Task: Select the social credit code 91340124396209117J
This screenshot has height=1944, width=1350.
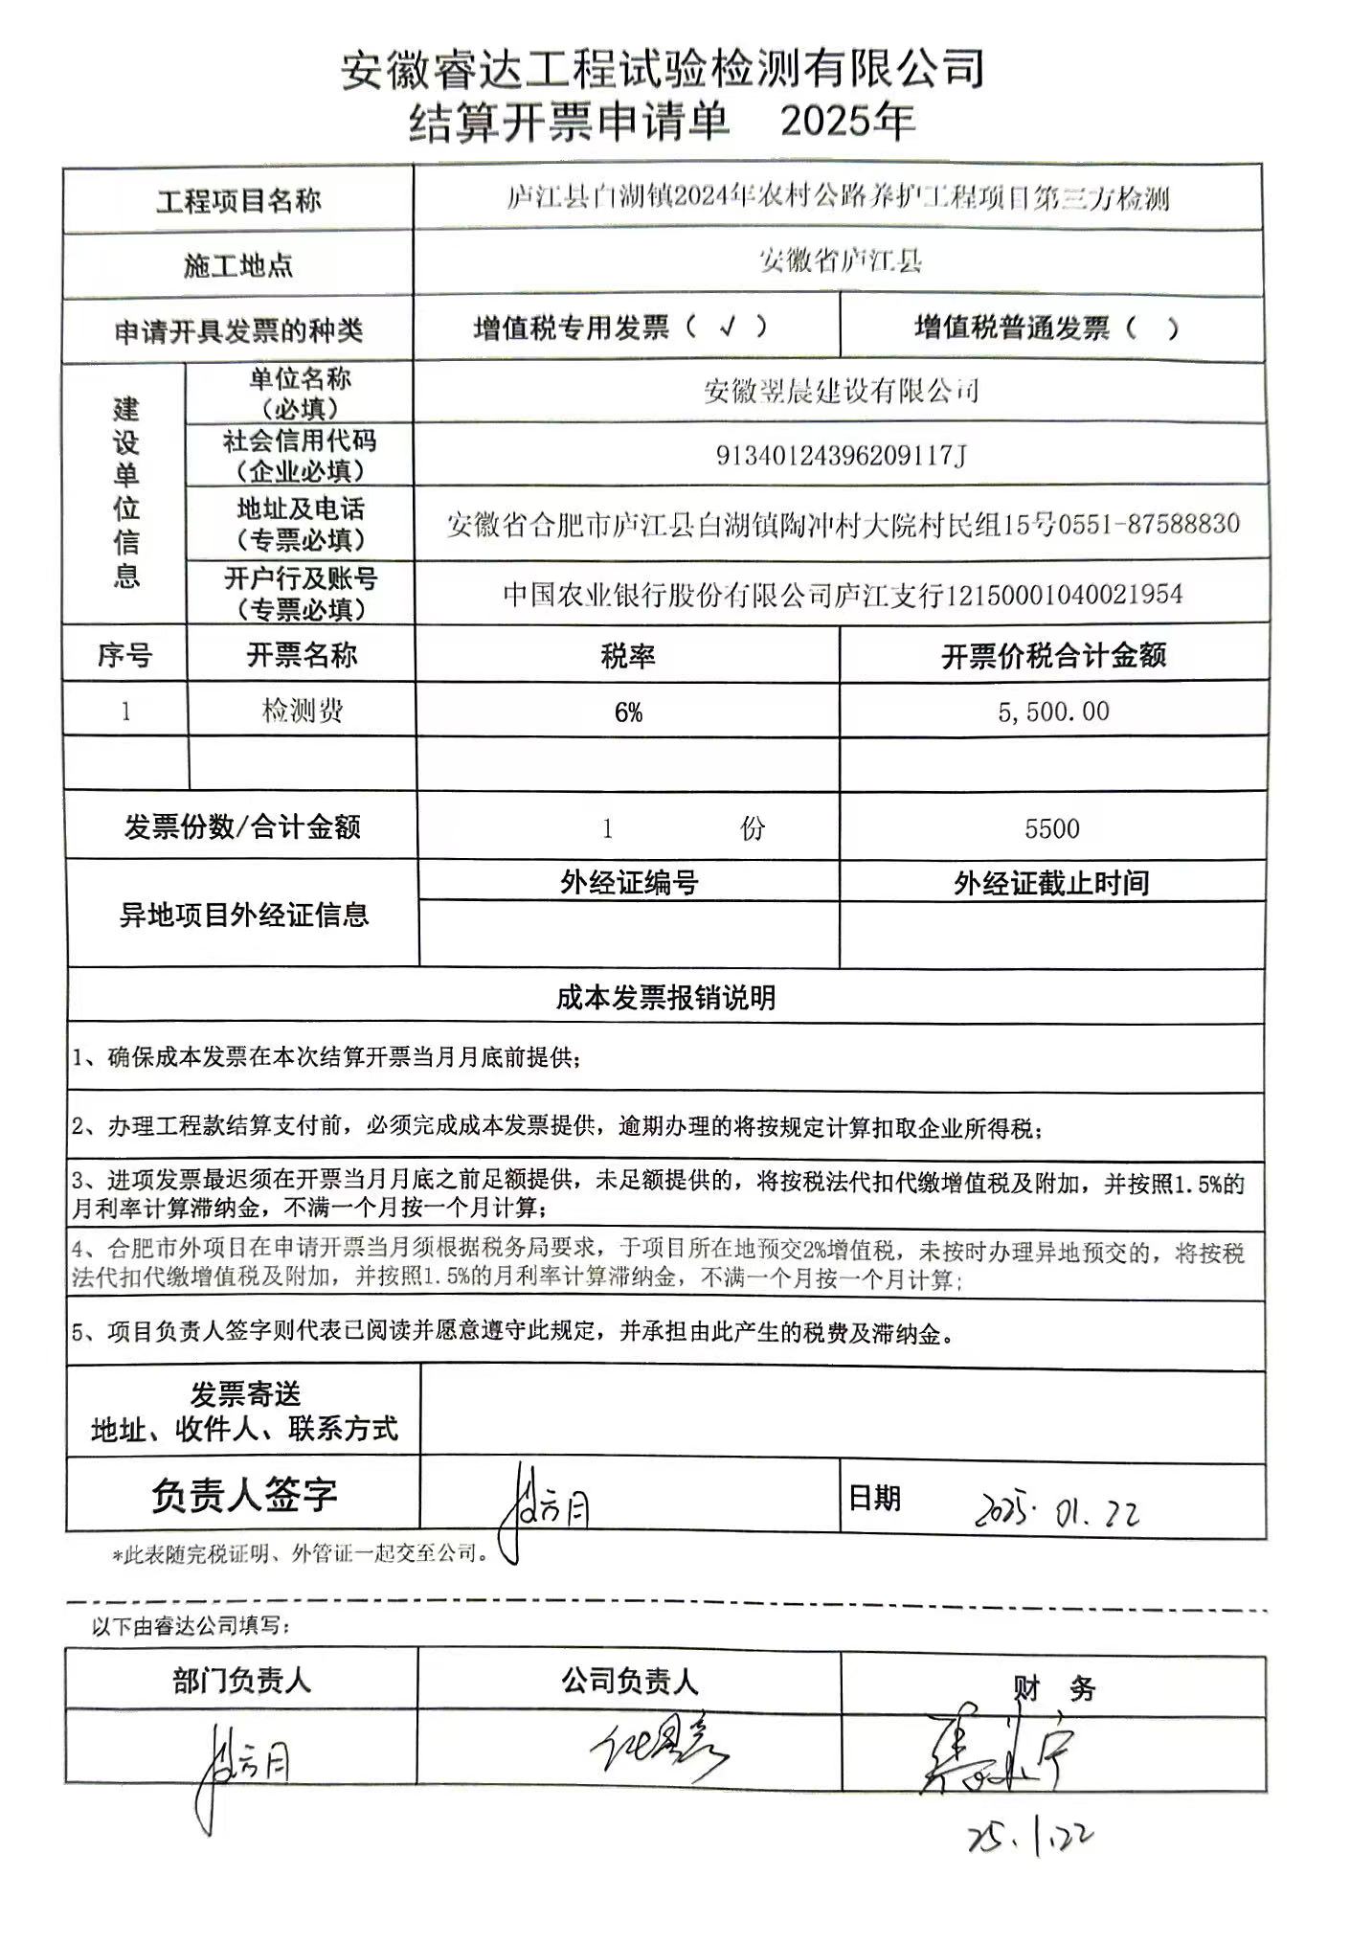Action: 842,455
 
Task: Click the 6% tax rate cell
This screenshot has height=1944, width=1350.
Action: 628,712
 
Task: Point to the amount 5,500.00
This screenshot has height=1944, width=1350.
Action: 1053,712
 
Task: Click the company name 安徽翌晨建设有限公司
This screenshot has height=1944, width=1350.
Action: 842,391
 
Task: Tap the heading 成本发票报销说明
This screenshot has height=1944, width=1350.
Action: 665,998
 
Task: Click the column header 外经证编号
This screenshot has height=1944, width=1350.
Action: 629,882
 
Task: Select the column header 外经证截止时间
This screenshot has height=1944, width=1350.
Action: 1051,883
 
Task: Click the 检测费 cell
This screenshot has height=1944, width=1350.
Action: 302,711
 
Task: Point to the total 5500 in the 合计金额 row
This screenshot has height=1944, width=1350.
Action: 1051,828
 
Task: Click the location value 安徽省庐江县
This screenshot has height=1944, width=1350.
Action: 840,260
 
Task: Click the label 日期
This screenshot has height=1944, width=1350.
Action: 875,1497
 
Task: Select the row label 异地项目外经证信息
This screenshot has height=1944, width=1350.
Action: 243,915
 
